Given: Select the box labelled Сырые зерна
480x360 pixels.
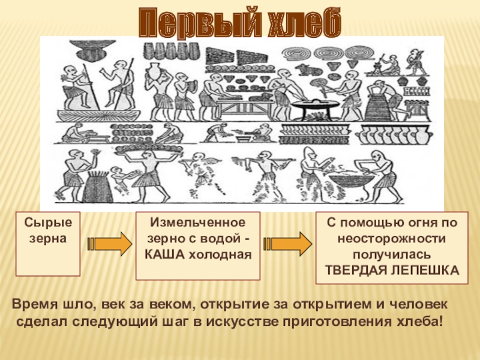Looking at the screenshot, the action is coord(48,244).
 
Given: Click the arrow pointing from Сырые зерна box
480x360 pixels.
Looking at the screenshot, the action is coord(109,244).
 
